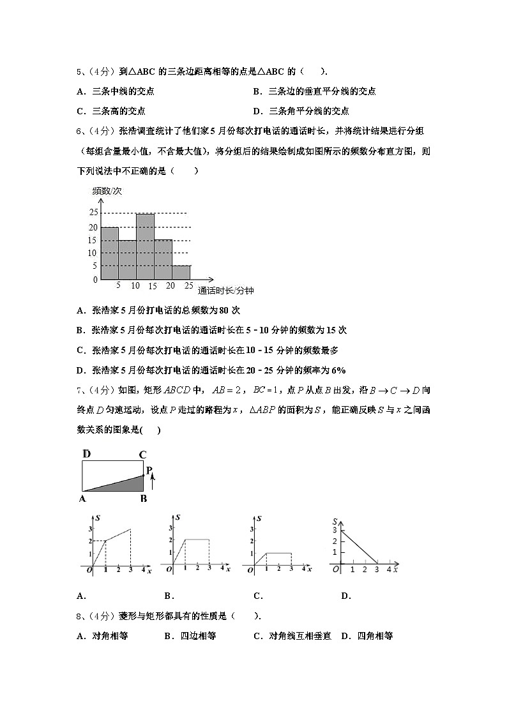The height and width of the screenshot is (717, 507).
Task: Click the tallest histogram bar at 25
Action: [x=145, y=246]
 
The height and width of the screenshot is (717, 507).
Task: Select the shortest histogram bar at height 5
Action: [x=181, y=273]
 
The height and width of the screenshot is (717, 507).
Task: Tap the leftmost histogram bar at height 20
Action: [x=109, y=253]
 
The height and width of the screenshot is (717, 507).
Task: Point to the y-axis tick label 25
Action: [x=93, y=213]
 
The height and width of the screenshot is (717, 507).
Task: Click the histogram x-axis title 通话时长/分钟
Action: [x=225, y=291]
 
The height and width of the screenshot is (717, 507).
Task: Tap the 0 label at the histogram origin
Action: [x=95, y=280]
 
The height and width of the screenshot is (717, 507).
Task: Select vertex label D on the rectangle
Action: [x=86, y=454]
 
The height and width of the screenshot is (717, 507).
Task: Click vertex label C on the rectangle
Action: [x=142, y=455]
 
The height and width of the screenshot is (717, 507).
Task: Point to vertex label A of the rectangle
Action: [x=83, y=499]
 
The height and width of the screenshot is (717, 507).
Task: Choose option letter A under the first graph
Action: [x=80, y=596]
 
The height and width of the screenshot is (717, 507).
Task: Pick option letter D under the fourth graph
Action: [x=345, y=596]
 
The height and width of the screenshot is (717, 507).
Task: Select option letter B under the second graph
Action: [x=169, y=596]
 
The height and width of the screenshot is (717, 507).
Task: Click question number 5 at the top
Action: [x=79, y=72]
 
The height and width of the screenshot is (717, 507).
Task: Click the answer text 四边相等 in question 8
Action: [x=198, y=636]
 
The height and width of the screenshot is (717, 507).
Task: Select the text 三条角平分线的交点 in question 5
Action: [x=309, y=110]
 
